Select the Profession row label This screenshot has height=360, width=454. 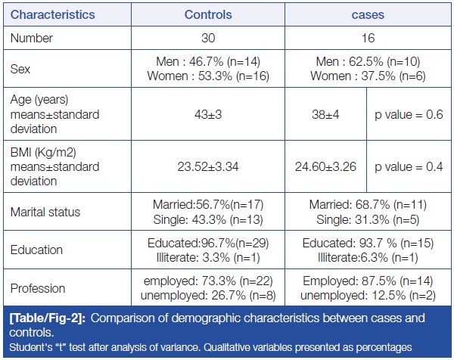tap(39, 287)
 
